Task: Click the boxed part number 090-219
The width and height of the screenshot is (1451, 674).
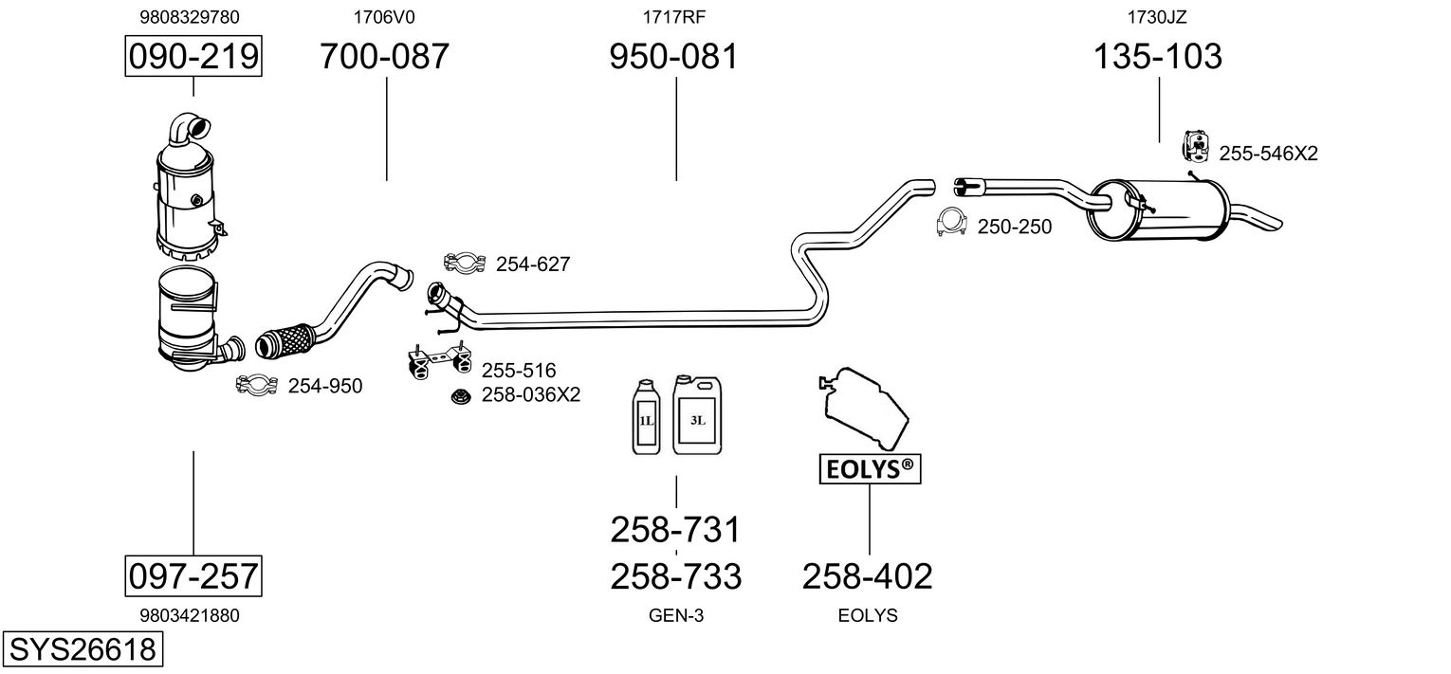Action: (193, 57)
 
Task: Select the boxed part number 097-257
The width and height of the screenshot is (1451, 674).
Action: (193, 575)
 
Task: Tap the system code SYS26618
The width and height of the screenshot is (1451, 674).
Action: (82, 650)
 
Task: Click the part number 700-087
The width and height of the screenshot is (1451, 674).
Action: (384, 57)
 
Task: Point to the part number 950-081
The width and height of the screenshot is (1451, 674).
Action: (673, 57)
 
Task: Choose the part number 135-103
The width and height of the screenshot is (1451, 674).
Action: (1158, 57)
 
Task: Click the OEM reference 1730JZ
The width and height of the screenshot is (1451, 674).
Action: (1157, 16)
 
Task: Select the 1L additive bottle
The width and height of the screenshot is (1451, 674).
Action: (645, 416)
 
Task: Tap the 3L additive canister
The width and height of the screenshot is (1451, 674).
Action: (697, 414)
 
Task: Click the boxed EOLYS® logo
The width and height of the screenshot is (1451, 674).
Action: (870, 467)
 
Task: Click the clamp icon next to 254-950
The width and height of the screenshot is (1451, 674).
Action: (256, 385)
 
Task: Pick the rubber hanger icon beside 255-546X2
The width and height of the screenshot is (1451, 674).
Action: (1195, 147)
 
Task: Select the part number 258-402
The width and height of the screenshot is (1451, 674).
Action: (868, 575)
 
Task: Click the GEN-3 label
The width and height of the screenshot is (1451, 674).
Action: (676, 615)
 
